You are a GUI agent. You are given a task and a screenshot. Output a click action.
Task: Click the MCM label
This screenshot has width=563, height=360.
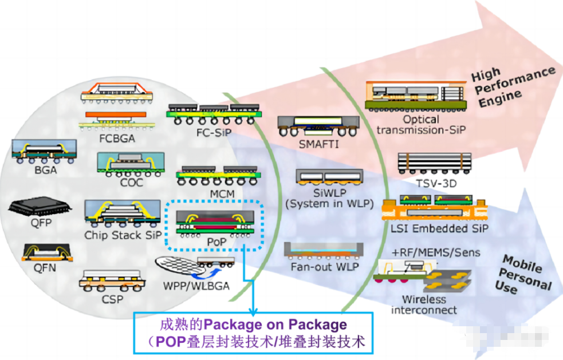pyautogui.click(x=222, y=193)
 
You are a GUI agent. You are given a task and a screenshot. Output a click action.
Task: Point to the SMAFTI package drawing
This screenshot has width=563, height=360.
pyautogui.click(x=318, y=125)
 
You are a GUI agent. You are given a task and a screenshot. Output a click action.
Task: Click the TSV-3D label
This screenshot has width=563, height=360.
pyautogui.click(x=435, y=183)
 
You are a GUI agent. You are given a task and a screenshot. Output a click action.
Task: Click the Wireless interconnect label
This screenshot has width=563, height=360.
pyautogui.click(x=424, y=304)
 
